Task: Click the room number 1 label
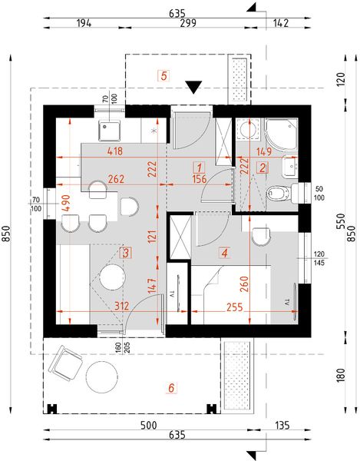click(199, 167)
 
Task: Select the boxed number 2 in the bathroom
click(263, 167)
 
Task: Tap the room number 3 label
click(126, 252)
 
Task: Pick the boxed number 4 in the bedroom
click(224, 251)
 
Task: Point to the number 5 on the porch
click(163, 75)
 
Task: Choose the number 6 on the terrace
click(172, 389)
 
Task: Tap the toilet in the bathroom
click(280, 192)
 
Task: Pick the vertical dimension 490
click(66, 203)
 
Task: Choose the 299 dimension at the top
click(187, 23)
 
